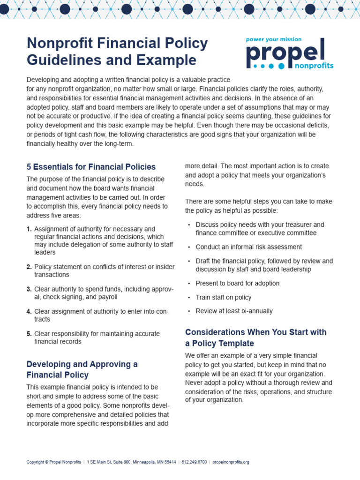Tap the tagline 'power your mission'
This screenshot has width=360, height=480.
[x=274, y=40]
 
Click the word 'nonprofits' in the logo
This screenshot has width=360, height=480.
[x=314, y=66]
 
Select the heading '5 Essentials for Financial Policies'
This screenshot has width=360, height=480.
[x=91, y=167]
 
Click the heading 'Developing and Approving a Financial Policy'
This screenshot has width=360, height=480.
[x=82, y=369]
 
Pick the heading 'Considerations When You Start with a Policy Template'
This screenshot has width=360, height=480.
[x=255, y=337]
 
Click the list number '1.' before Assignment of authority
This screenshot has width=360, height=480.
[x=29, y=229]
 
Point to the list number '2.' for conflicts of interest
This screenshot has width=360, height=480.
[x=29, y=267]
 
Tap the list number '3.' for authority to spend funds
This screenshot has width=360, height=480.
[x=29, y=289]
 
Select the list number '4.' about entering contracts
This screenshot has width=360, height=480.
[x=29, y=312]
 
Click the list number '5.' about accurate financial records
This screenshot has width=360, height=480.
[x=29, y=334]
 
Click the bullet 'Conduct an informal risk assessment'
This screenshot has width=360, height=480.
[x=248, y=247]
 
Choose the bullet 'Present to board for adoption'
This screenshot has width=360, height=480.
[x=237, y=284]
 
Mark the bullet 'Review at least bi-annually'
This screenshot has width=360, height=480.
[x=234, y=311]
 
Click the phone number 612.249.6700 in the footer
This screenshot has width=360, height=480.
[x=194, y=462]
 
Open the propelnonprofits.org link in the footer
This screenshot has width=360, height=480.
[x=231, y=462]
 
